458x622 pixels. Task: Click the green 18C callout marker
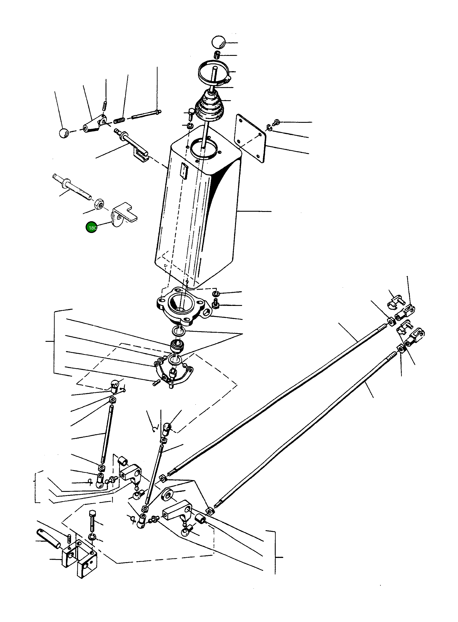coord(91,227)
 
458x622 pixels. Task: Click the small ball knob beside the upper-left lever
coord(64,133)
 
